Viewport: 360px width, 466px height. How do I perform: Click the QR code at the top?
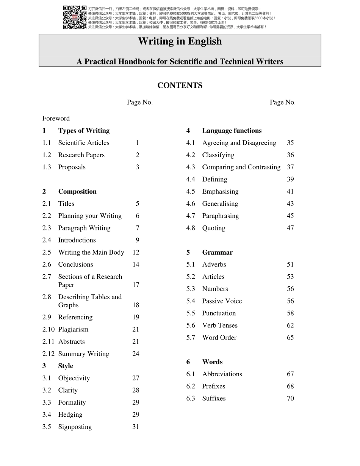point(75,17)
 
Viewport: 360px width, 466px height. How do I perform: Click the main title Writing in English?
point(180,41)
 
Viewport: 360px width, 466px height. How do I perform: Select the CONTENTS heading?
point(180,86)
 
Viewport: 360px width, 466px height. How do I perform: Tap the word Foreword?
point(56,118)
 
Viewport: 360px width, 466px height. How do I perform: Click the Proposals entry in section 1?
point(72,167)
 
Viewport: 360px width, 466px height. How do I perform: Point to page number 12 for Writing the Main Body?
point(136,252)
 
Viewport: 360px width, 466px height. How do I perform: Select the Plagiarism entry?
point(73,330)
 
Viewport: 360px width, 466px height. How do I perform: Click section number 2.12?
point(48,354)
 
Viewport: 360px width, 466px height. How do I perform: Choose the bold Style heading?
point(66,366)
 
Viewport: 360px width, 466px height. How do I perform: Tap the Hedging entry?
point(70,414)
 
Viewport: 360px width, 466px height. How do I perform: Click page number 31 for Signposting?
point(136,427)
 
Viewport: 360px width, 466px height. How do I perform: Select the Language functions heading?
point(232,131)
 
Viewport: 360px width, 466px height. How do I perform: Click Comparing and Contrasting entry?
point(241,167)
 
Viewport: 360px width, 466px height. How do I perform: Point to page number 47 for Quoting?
point(290,228)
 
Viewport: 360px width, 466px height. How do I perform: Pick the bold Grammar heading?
point(217,252)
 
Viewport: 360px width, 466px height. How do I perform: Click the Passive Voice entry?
point(222,301)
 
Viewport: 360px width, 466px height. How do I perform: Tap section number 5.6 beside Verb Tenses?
point(191,325)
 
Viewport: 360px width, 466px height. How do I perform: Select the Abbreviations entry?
point(222,374)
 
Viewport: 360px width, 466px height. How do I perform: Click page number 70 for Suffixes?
point(290,399)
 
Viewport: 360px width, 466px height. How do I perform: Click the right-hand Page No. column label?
point(283,102)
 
